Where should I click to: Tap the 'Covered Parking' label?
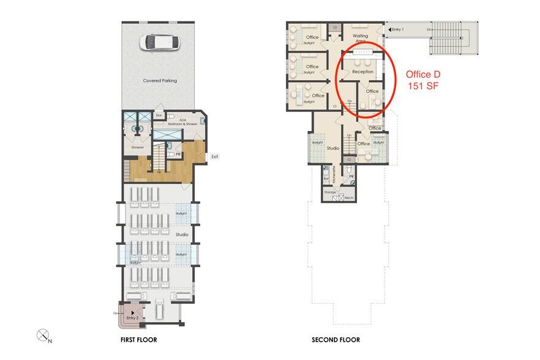(x=160, y=80)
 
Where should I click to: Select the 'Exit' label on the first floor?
(x=215, y=156)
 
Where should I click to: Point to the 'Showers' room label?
(x=137, y=147)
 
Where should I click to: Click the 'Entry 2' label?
(x=133, y=318)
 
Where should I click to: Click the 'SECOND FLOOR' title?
(x=336, y=340)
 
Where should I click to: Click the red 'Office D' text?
(x=423, y=75)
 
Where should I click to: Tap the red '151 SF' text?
(x=423, y=86)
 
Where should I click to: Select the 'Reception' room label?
(x=362, y=72)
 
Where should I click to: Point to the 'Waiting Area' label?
(x=360, y=39)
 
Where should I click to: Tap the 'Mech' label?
(x=350, y=198)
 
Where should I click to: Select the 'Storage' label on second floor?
(x=331, y=192)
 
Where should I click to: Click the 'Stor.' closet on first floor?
(x=159, y=114)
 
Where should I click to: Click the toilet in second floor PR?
(x=348, y=171)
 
